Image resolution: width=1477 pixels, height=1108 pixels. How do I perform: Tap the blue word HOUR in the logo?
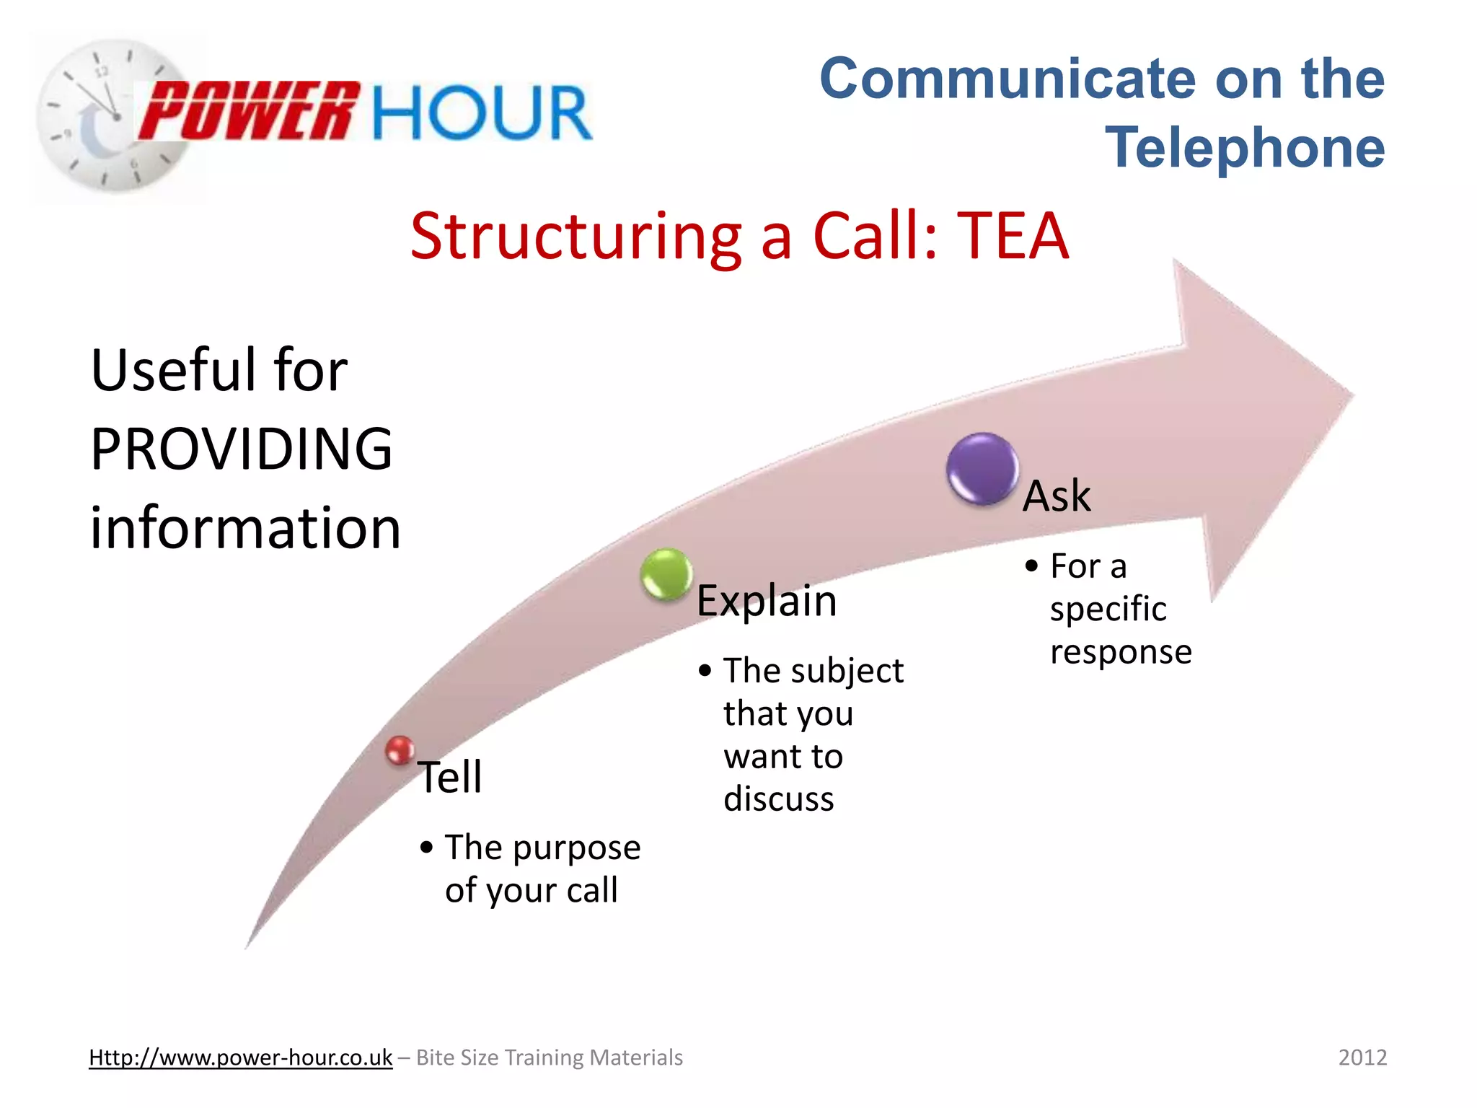tap(482, 113)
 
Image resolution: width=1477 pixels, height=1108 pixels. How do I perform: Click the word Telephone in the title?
tap(1245, 147)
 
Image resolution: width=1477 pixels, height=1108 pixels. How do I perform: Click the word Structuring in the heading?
tap(576, 236)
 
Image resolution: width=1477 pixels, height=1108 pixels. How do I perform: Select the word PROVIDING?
tap(242, 449)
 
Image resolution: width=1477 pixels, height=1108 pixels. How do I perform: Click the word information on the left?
tap(245, 527)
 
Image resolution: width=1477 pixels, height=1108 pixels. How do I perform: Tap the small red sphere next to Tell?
tap(400, 750)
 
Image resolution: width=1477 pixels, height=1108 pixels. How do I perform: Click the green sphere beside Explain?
tap(666, 573)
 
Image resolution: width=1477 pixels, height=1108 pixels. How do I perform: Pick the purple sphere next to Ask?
tap(982, 468)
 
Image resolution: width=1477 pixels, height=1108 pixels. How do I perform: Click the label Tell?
tap(450, 777)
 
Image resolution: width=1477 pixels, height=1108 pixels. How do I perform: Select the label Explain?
tap(767, 600)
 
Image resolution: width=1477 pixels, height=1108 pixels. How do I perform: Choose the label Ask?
tap(1057, 496)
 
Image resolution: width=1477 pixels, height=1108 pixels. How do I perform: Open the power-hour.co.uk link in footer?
tap(240, 1058)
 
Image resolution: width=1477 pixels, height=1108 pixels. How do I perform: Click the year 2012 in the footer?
tap(1362, 1058)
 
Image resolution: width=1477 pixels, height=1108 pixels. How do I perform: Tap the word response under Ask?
tap(1121, 652)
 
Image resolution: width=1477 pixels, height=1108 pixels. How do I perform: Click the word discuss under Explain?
tap(779, 799)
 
